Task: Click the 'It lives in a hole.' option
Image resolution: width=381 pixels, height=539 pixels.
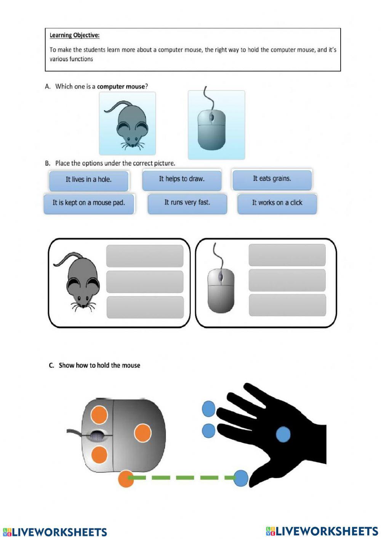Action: point(88,180)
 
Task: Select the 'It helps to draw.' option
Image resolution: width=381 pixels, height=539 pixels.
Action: point(182,179)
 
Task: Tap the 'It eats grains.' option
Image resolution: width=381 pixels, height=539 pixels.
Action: point(272,179)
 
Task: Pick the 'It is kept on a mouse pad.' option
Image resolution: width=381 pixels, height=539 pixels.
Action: point(89,203)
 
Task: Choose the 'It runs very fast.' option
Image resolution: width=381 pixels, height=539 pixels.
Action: point(187,203)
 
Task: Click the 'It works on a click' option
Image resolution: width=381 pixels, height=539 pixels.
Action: point(277,203)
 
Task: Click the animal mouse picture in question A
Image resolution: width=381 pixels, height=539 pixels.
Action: point(127,123)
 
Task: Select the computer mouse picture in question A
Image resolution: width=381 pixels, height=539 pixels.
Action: point(216,125)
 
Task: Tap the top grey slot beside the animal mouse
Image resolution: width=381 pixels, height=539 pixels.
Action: point(145,256)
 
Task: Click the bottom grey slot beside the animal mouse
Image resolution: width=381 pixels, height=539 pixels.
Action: point(145,307)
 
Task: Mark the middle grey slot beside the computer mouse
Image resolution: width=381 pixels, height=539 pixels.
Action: point(287,280)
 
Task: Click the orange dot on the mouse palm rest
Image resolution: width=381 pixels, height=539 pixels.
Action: point(143,433)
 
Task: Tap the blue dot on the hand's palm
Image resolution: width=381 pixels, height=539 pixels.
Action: point(283,434)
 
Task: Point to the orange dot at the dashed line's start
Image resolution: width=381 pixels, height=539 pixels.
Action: point(126,478)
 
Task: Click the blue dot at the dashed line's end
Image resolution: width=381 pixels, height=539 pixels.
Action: point(241,478)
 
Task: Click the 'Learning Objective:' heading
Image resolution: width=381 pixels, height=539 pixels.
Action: point(75,35)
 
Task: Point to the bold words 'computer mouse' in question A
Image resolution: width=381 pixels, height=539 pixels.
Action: point(121,87)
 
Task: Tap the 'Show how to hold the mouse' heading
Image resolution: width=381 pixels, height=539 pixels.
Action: point(99,365)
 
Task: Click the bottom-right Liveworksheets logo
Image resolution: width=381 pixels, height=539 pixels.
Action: point(322,531)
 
